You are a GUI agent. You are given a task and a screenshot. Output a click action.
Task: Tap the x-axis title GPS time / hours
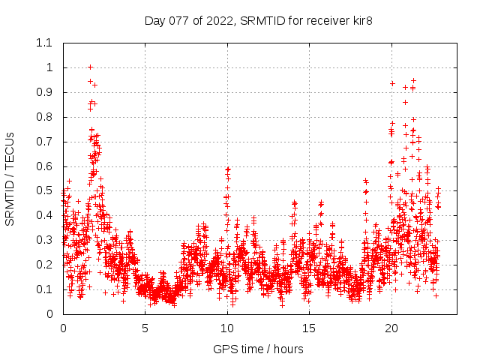coord(258,349)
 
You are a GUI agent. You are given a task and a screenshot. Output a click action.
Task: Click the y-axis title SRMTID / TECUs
coord(10,178)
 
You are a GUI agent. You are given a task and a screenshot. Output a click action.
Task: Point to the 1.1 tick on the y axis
coord(44,43)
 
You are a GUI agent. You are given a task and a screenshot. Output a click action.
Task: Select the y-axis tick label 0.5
coord(44,190)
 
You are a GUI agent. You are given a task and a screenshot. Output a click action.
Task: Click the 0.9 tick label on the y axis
coord(44,92)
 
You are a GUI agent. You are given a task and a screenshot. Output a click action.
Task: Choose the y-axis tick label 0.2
coord(44,265)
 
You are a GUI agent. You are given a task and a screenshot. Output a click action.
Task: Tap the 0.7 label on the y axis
coord(44,142)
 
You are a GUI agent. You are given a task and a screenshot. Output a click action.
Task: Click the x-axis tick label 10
coord(227,328)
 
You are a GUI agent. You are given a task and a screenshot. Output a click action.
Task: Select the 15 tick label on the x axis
coord(309,328)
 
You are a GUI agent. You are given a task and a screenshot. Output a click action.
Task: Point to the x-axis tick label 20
coord(391,328)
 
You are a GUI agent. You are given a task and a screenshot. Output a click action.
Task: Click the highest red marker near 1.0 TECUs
coord(90,67)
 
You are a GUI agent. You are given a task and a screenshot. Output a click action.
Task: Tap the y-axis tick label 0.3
coord(44,240)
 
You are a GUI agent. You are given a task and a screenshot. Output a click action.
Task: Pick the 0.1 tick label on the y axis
coord(44,289)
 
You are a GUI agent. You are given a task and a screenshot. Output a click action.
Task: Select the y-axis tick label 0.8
coord(44,117)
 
